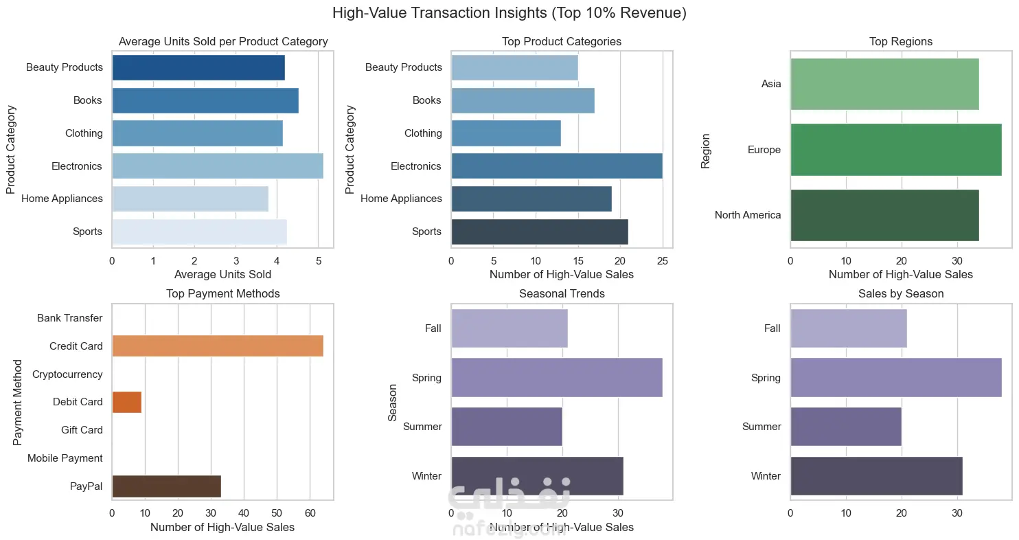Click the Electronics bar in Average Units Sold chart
(217, 166)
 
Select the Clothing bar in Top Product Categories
(505, 133)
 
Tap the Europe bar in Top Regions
(895, 149)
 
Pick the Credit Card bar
(217, 346)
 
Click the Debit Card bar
(126, 402)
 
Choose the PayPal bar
(166, 486)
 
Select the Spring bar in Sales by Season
(895, 377)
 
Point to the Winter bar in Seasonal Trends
(537, 475)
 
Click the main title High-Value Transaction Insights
(509, 13)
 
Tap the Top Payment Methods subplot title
(222, 294)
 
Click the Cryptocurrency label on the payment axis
(67, 374)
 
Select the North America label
(747, 215)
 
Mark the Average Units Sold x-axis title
(222, 275)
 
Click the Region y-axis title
(705, 150)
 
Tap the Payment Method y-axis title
(19, 402)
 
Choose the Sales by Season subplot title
(901, 294)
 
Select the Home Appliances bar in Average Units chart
(190, 199)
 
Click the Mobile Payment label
(65, 458)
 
